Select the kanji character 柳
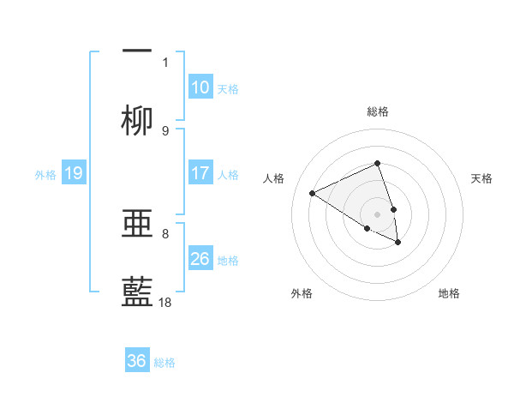(137, 121)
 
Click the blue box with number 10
(200, 87)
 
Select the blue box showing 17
(200, 173)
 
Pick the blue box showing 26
(200, 259)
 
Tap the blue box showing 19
(74, 174)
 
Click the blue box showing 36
(137, 362)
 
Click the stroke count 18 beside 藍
(165, 302)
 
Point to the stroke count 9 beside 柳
(165, 130)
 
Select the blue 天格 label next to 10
(227, 89)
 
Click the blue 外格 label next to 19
(45, 175)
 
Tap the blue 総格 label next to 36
(164, 363)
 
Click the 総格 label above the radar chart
(378, 111)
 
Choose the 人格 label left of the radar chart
(274, 178)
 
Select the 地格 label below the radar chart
(449, 293)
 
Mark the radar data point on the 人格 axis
(313, 194)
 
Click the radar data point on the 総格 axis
(378, 163)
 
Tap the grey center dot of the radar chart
(378, 214)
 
